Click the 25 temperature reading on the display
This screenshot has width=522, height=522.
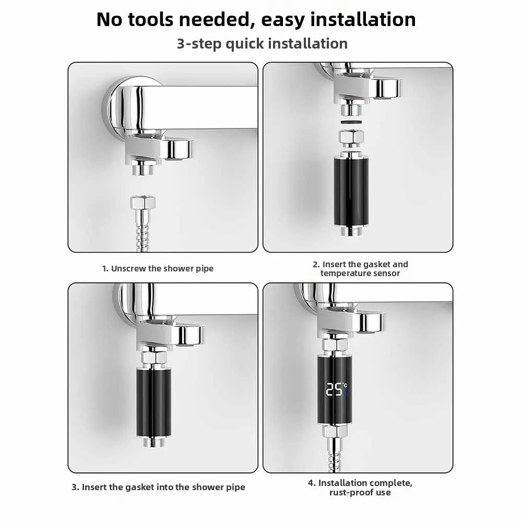[334, 389]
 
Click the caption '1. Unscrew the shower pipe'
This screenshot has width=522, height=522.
[158, 268]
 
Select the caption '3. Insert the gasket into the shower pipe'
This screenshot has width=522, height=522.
[158, 487]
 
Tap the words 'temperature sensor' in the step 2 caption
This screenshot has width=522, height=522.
[360, 274]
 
